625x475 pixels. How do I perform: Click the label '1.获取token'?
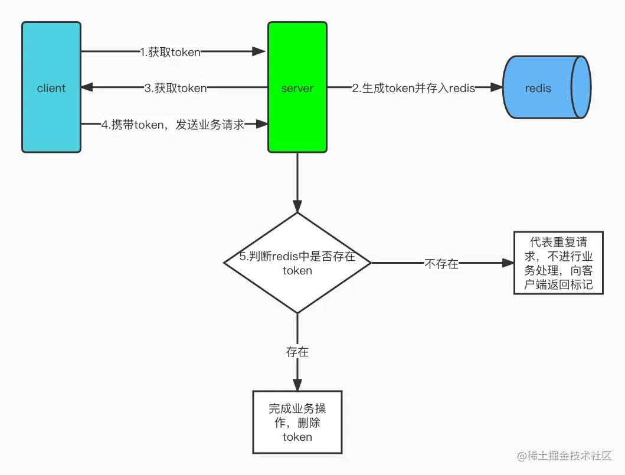(x=170, y=52)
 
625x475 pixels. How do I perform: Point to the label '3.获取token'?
(x=175, y=89)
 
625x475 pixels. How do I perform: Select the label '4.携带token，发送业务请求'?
(x=172, y=125)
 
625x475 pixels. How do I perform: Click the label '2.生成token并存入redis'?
(x=413, y=89)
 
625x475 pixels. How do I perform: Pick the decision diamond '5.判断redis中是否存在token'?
(x=297, y=263)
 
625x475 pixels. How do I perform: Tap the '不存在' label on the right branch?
(x=441, y=264)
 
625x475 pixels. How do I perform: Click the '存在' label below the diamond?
(x=297, y=352)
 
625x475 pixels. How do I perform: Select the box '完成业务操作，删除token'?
(x=297, y=422)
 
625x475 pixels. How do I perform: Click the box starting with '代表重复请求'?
(x=558, y=263)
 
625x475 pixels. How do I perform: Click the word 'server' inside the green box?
(x=297, y=89)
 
